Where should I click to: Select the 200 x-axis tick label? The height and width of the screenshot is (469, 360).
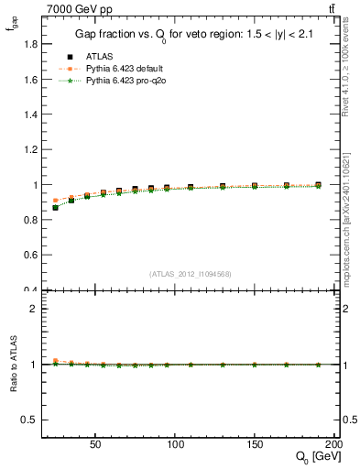point(333,442)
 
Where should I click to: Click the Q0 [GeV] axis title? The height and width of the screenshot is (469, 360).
point(312,457)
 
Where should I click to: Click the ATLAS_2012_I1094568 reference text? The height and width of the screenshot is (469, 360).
point(191,273)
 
